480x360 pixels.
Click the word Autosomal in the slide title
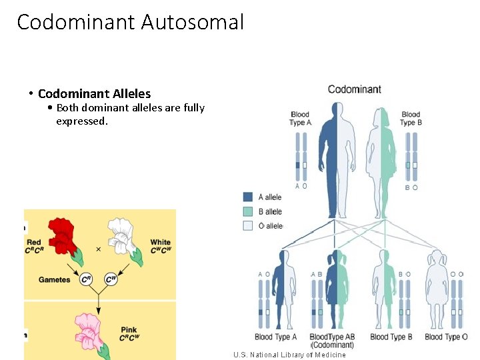193,22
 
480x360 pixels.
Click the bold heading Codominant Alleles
94,93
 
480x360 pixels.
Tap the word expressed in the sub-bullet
81,121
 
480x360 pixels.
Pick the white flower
124,235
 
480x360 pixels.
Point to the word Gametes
54,280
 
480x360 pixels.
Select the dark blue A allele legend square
248,197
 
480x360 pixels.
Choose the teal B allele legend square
248,211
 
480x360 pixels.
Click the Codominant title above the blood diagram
355,89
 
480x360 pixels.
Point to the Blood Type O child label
446,337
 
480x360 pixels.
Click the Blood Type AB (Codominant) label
332,340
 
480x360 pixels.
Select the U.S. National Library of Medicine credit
289,355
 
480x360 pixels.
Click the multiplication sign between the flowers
98,249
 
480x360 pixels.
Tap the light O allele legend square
248,226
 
